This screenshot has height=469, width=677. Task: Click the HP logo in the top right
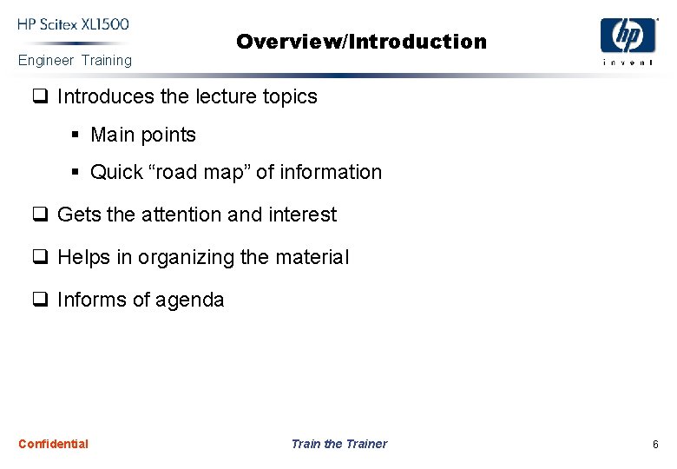(628, 36)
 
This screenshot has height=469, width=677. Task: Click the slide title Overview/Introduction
(361, 42)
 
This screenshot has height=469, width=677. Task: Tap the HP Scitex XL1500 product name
(74, 24)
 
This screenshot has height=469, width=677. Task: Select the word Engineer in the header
(46, 61)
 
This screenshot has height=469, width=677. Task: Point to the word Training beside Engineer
(107, 61)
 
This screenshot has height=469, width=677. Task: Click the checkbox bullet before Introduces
(40, 97)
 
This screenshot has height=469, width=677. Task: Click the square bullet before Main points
(76, 135)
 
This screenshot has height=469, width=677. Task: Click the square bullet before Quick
(76, 173)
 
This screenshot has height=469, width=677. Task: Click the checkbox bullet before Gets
(40, 215)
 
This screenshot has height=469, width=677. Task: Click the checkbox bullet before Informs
(40, 301)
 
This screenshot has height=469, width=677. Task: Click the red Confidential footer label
(53, 444)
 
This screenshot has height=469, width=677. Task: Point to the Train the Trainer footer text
(339, 444)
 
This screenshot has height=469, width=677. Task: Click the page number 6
(655, 445)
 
